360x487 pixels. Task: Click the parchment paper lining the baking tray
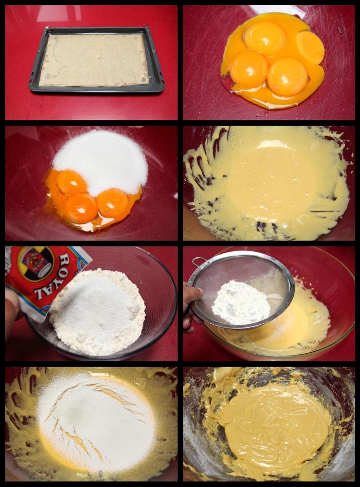(x=95, y=60)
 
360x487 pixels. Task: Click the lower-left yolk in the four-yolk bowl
(x=249, y=70)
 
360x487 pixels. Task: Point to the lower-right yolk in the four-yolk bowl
(x=288, y=77)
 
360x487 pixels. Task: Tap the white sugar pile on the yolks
(x=101, y=161)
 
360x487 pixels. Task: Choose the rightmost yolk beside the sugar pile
(x=112, y=203)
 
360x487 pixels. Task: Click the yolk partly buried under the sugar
(x=71, y=183)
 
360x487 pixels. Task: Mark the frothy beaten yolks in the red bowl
(x=267, y=183)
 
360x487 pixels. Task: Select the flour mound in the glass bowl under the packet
(x=98, y=312)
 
